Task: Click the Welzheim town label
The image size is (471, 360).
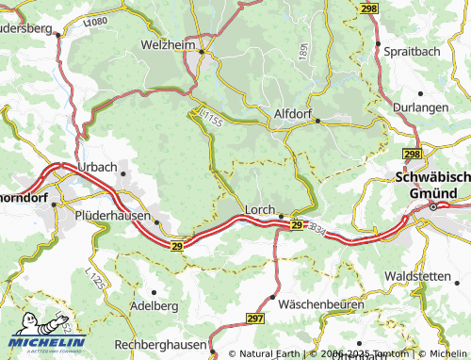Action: click(170, 44)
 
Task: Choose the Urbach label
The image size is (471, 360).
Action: click(98, 167)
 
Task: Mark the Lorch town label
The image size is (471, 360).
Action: click(259, 210)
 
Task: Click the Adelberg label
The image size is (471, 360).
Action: click(132, 306)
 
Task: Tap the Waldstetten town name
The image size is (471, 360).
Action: click(423, 275)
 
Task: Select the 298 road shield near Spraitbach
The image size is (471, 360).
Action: click(368, 8)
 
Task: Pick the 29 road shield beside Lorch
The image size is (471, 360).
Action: click(296, 226)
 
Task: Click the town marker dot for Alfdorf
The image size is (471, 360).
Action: click(317, 121)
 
